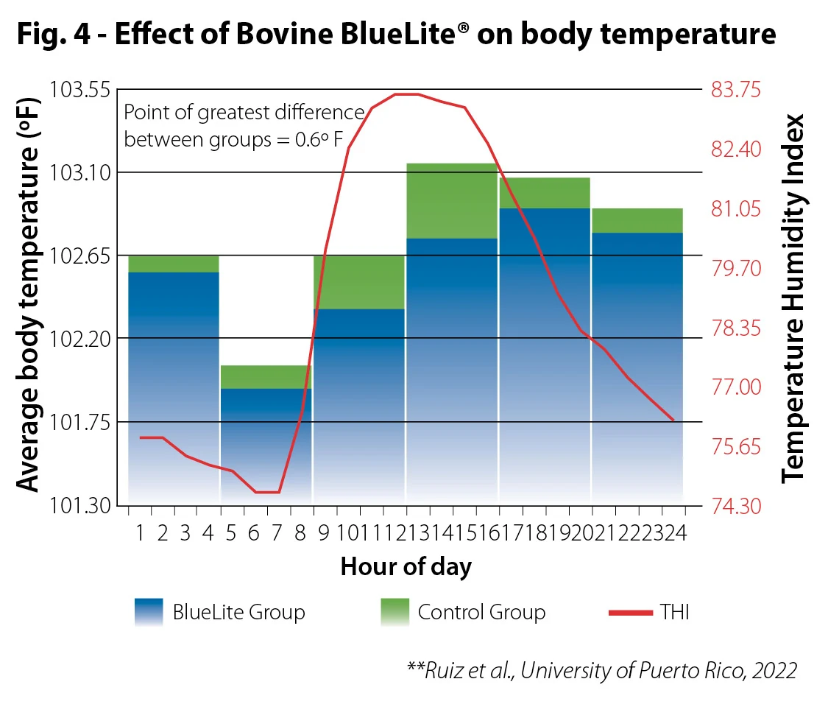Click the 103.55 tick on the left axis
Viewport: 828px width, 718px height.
click(x=79, y=90)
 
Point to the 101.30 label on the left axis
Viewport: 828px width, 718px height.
click(x=79, y=506)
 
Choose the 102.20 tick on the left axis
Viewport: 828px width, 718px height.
click(x=79, y=339)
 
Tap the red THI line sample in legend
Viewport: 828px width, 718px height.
click(x=631, y=612)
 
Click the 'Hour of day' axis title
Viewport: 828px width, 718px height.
click(x=406, y=567)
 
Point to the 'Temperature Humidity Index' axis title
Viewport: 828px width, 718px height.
click(x=794, y=298)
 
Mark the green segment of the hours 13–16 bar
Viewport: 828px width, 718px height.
click(x=452, y=200)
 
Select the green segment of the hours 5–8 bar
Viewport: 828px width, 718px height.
click(x=266, y=376)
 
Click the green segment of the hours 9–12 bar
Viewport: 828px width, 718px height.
click(x=359, y=281)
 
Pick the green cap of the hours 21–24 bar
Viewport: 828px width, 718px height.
click(x=637, y=220)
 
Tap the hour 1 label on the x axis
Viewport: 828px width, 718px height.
click(x=140, y=534)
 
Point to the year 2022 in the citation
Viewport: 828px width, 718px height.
click(x=773, y=671)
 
